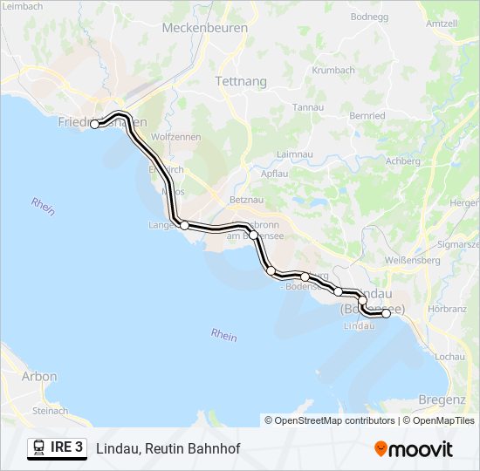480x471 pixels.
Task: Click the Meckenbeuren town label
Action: coord(205,28)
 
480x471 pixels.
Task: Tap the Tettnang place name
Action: coord(240,80)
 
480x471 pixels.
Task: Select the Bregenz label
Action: coord(442,399)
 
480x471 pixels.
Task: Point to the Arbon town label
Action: coord(40,377)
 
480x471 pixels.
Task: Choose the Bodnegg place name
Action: coord(368,17)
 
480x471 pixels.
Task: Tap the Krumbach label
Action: coord(333,70)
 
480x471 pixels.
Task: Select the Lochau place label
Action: coord(449,357)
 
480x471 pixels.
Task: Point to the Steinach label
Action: coord(49,410)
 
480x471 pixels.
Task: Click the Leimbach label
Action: coord(22,6)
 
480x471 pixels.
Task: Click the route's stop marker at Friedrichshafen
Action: coord(94,124)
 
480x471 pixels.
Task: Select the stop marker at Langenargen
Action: coord(184,225)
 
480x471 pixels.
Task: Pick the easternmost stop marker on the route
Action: coord(386,313)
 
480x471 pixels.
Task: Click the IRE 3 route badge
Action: coord(58,447)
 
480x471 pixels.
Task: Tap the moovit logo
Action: coord(414,449)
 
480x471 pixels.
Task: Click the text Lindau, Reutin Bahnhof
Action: coord(168,448)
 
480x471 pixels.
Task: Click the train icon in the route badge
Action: coord(39,447)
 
